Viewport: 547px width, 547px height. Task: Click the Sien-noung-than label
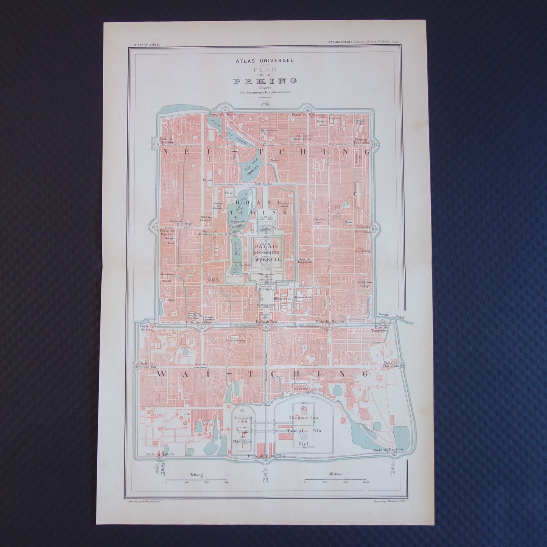[244, 418]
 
